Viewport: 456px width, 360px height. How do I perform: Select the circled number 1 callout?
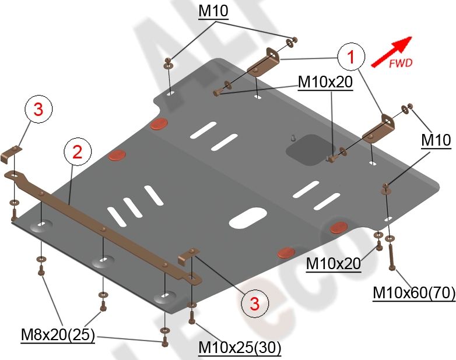[350, 57]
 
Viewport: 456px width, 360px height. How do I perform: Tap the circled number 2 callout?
[78, 152]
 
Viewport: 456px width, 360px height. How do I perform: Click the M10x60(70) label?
[414, 294]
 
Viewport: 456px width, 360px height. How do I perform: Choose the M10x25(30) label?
[240, 348]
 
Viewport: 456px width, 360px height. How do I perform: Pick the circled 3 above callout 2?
[38, 110]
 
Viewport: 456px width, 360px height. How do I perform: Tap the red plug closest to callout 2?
[118, 155]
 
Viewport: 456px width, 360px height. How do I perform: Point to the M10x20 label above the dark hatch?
[325, 83]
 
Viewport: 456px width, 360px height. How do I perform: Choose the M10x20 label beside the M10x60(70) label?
[333, 264]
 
